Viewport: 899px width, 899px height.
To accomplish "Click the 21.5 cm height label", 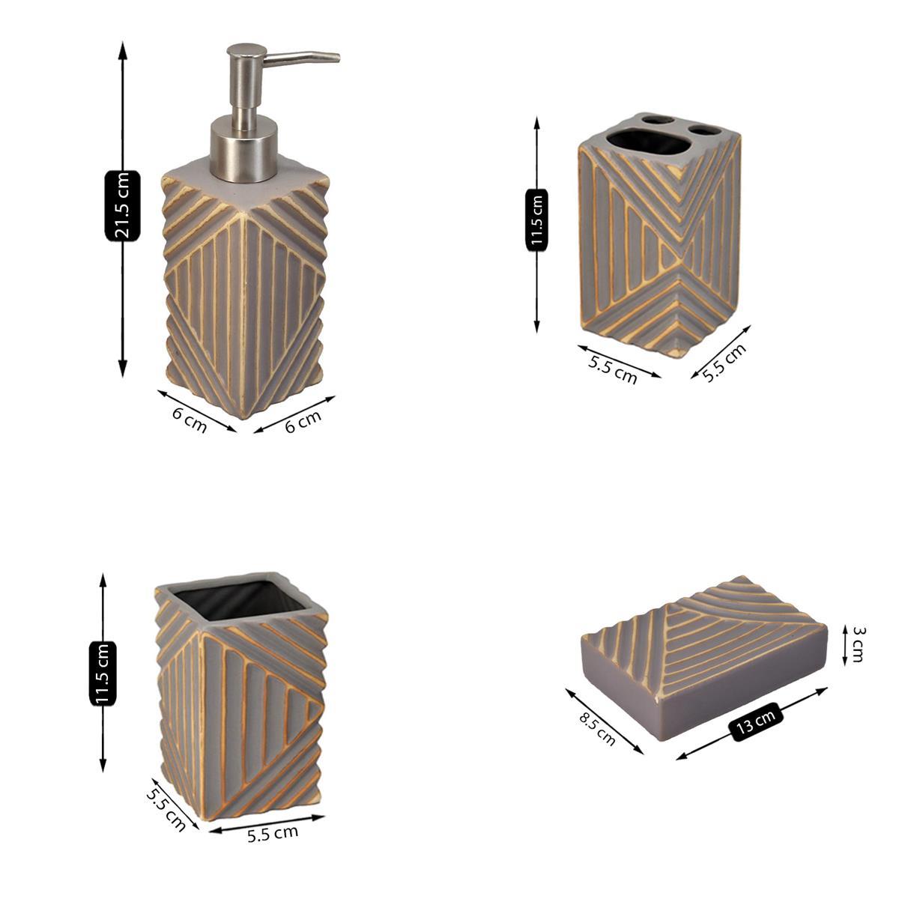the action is click(x=123, y=206).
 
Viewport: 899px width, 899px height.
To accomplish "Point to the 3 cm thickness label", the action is click(x=858, y=646).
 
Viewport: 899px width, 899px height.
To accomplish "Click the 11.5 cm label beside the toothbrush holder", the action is click(x=536, y=220).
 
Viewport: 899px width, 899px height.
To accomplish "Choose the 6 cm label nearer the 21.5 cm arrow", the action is click(x=190, y=419).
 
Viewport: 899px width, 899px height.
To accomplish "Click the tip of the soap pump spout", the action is click(x=338, y=57).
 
